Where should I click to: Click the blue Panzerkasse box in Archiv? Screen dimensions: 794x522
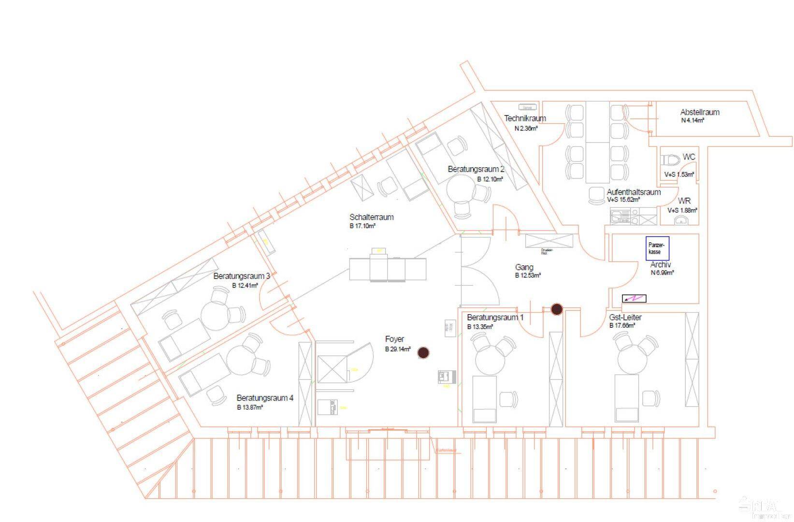coord(657,248)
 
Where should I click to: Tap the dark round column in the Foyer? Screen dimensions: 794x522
coord(423,353)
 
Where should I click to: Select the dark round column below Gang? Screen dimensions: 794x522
coord(557,309)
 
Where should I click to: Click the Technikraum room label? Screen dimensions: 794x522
coord(525,118)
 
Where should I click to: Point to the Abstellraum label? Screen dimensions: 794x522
coord(699,112)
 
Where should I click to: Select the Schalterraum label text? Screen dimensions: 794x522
coord(371,217)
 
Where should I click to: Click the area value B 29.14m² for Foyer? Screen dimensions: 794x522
coord(398,349)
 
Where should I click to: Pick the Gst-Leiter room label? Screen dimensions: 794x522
coord(625,318)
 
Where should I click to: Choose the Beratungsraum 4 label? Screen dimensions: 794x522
coord(265,398)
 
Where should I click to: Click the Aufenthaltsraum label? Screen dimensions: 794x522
coord(634,192)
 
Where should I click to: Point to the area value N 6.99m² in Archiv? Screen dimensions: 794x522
coord(662,273)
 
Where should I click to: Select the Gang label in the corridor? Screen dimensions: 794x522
coord(524,267)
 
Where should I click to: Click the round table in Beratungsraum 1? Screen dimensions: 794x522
coord(490,360)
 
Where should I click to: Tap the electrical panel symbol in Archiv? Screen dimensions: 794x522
coord(634,299)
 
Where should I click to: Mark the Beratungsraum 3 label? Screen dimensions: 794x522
coord(242,276)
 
